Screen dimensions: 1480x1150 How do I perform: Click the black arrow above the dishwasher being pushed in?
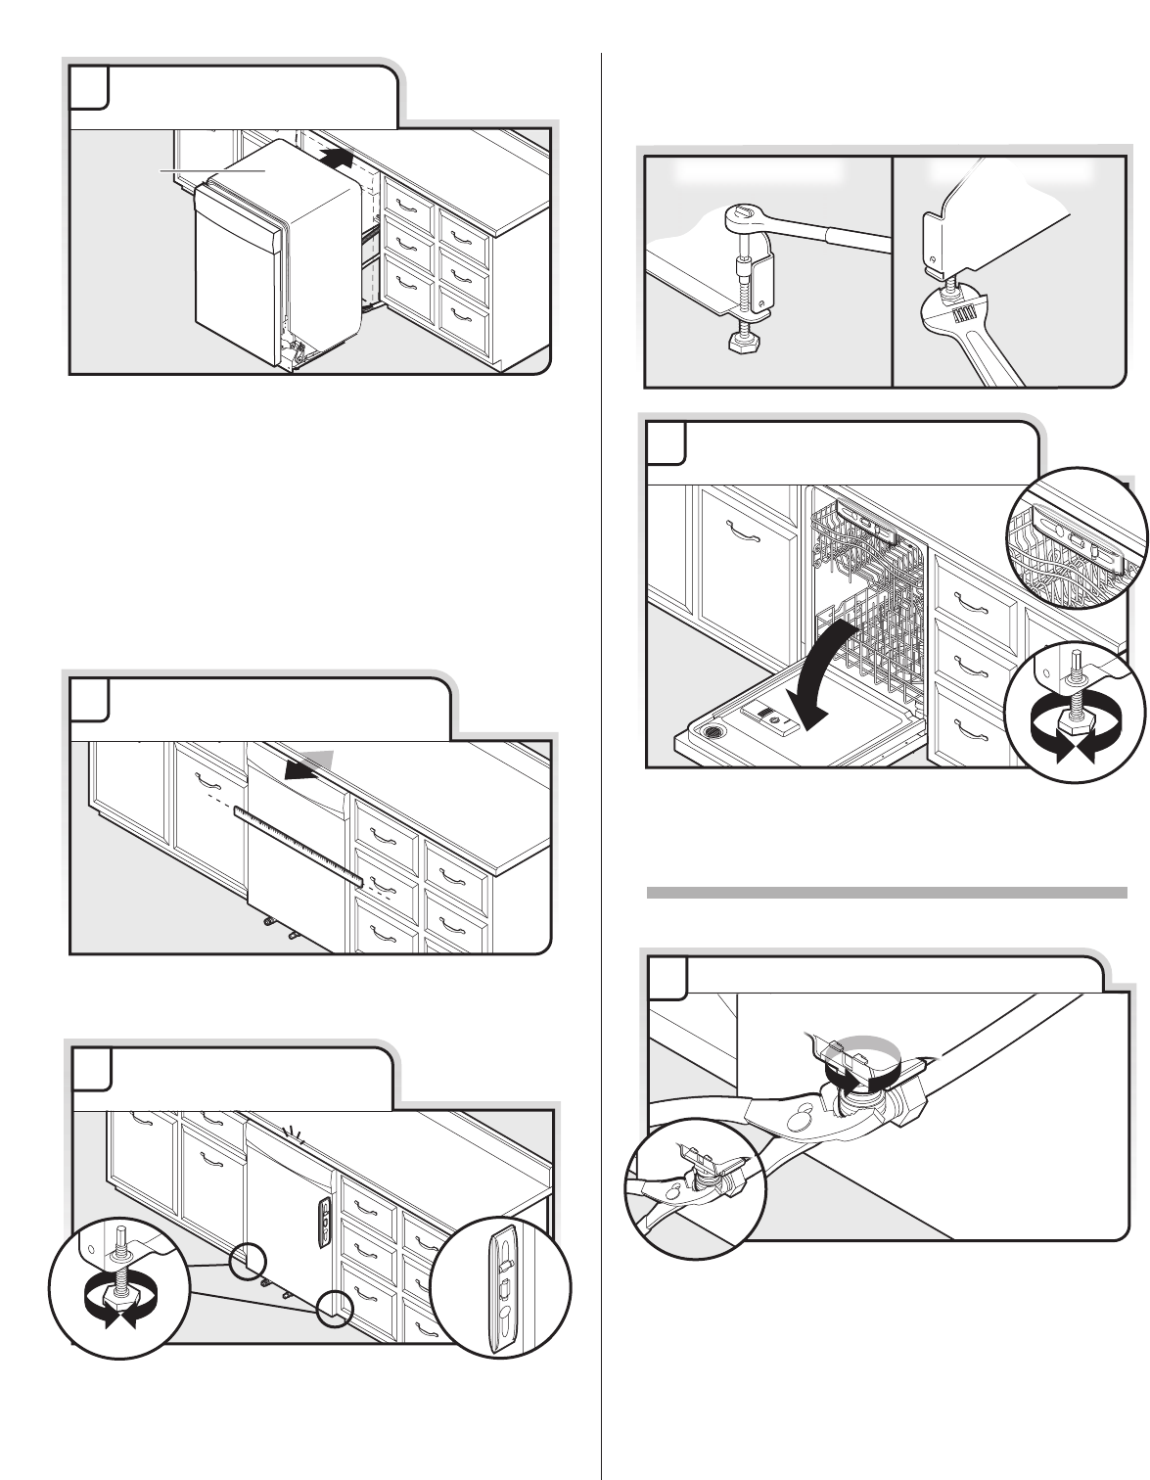coord(336,154)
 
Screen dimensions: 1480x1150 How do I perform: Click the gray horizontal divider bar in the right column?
coord(887,892)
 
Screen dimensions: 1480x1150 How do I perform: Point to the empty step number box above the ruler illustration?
coord(89,697)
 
